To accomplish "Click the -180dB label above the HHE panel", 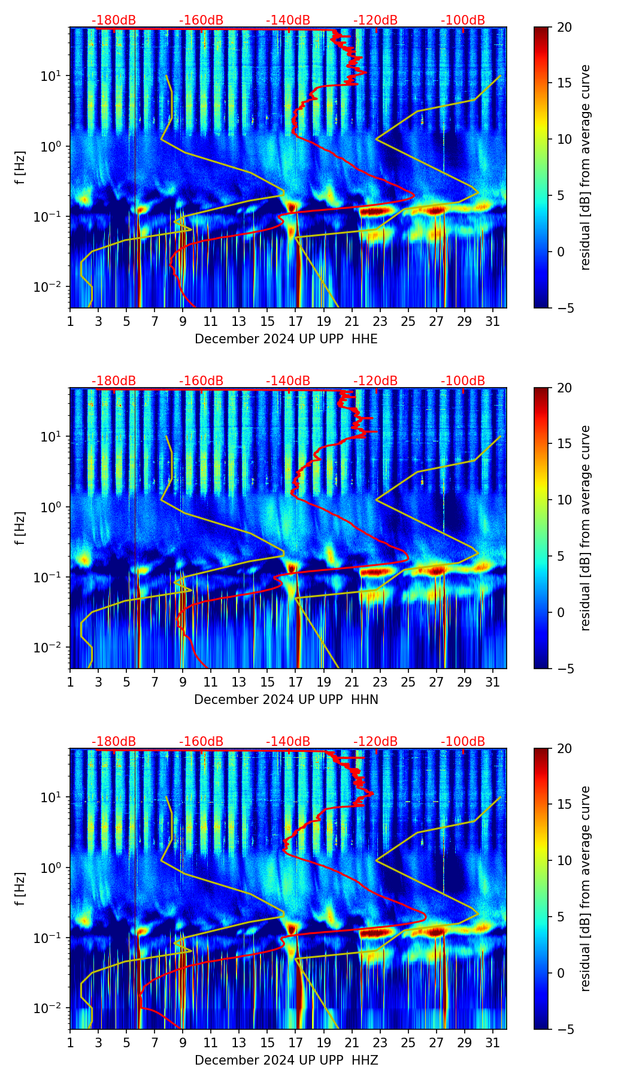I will coord(114,20).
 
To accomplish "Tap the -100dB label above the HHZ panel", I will coord(463,742).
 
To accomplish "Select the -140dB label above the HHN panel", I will coord(288,381).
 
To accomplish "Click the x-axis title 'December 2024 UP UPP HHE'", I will coord(286,339).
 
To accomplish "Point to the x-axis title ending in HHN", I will coord(286,700).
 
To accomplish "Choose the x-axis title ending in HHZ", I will coord(286,1060).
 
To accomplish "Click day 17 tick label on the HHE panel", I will coord(295,321).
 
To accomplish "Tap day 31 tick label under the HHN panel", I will coord(492,682).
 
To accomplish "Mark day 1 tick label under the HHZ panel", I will coord(70,1042).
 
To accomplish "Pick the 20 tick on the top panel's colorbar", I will coord(564,27).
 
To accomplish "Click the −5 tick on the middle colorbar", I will coord(564,668).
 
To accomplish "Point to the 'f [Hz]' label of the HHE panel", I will coord(22,168).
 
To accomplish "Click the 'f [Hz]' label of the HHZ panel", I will coord(22,889).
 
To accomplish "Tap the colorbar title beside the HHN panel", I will coord(586,528).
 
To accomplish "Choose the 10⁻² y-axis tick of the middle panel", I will coord(53,648).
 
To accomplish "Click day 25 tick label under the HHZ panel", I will coord(408,1042).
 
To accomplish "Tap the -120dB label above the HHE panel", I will coord(375,20).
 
